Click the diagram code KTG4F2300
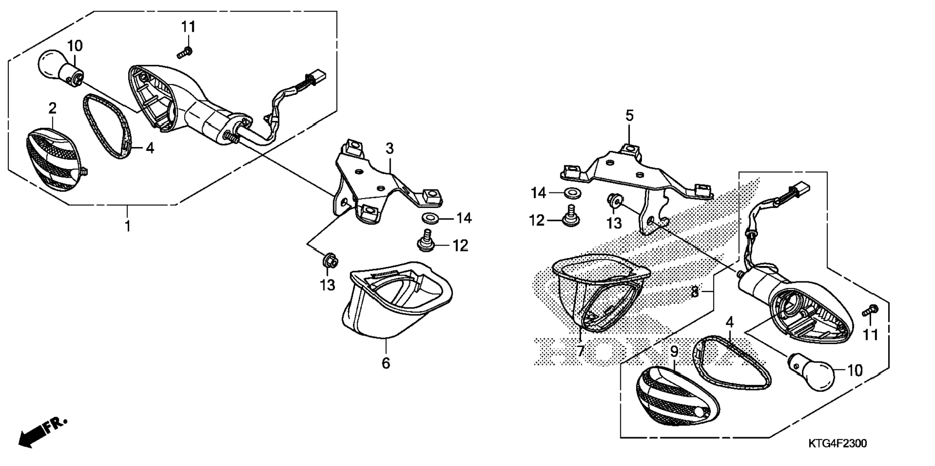[837, 444]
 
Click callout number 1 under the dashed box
[128, 226]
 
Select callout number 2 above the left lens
[52, 108]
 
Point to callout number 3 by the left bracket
[390, 148]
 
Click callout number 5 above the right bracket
[629, 116]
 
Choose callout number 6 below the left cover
[385, 363]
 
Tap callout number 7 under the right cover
[581, 351]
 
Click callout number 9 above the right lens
[674, 352]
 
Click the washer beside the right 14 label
[572, 193]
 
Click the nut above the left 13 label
[329, 262]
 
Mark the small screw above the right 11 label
[870, 311]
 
